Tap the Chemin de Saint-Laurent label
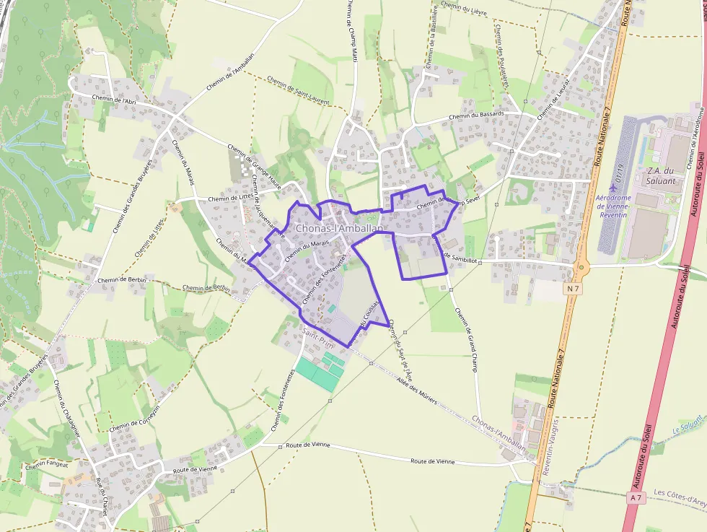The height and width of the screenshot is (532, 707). (x=297, y=90)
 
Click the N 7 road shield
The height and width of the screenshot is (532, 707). (x=574, y=289)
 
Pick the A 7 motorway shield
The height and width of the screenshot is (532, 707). (x=636, y=497)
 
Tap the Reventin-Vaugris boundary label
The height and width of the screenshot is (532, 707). (x=546, y=442)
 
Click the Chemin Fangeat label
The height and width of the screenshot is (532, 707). (x=46, y=464)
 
